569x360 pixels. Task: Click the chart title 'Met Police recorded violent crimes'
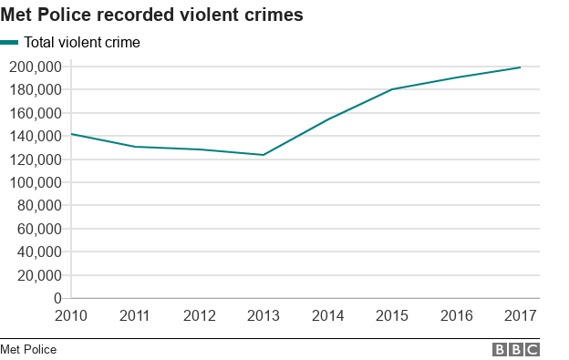pyautogui.click(x=152, y=15)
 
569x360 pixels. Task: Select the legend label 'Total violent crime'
pyautogui.click(x=81, y=42)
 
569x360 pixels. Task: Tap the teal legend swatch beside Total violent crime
pyautogui.click(x=9, y=42)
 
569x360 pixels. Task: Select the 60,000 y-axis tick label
pyautogui.click(x=38, y=229)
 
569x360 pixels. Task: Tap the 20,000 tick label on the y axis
pyautogui.click(x=38, y=275)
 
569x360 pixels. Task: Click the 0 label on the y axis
pyautogui.click(x=57, y=298)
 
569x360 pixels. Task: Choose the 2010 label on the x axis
pyautogui.click(x=71, y=315)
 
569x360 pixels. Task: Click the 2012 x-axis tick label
pyautogui.click(x=200, y=315)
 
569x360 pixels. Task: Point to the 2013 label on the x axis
pyautogui.click(x=264, y=315)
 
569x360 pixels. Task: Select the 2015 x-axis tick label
pyautogui.click(x=392, y=315)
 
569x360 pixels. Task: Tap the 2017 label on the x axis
pyautogui.click(x=520, y=315)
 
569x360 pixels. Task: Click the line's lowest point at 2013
pyautogui.click(x=264, y=155)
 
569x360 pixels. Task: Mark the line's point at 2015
pyautogui.click(x=392, y=89)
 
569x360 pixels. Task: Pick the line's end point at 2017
pyautogui.click(x=520, y=67)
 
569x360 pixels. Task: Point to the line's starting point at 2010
pyautogui.click(x=71, y=134)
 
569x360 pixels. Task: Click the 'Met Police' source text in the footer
pyautogui.click(x=28, y=349)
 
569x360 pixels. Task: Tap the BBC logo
pyautogui.click(x=516, y=349)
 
